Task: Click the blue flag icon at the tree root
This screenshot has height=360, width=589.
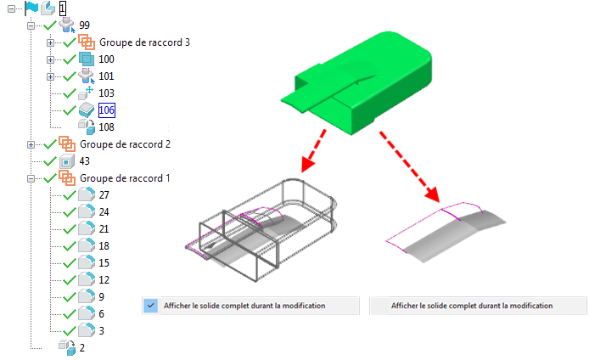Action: [31, 8]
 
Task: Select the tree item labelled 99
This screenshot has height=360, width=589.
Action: [85, 25]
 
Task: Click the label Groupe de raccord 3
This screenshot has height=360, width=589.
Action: [144, 42]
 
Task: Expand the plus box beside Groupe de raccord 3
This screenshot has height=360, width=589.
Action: [50, 42]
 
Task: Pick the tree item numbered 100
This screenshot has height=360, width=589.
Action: [106, 59]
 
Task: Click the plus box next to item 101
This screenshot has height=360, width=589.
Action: [50, 76]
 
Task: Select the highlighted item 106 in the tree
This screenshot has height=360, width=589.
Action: [107, 110]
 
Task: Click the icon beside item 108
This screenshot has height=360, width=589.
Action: [87, 127]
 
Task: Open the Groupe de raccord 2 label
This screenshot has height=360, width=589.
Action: [125, 144]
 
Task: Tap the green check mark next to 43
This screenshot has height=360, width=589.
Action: [50, 161]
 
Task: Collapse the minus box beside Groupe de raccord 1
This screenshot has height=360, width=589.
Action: [31, 178]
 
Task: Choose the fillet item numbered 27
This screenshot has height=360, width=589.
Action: [104, 195]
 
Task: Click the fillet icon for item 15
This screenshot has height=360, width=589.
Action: [87, 262]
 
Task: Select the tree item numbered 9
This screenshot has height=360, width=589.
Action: [102, 297]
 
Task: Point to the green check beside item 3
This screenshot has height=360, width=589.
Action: [70, 330]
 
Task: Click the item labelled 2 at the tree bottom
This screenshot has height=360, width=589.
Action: [81, 348]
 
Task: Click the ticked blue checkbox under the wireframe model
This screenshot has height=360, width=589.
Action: [150, 306]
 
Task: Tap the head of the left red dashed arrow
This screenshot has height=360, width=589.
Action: [308, 164]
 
